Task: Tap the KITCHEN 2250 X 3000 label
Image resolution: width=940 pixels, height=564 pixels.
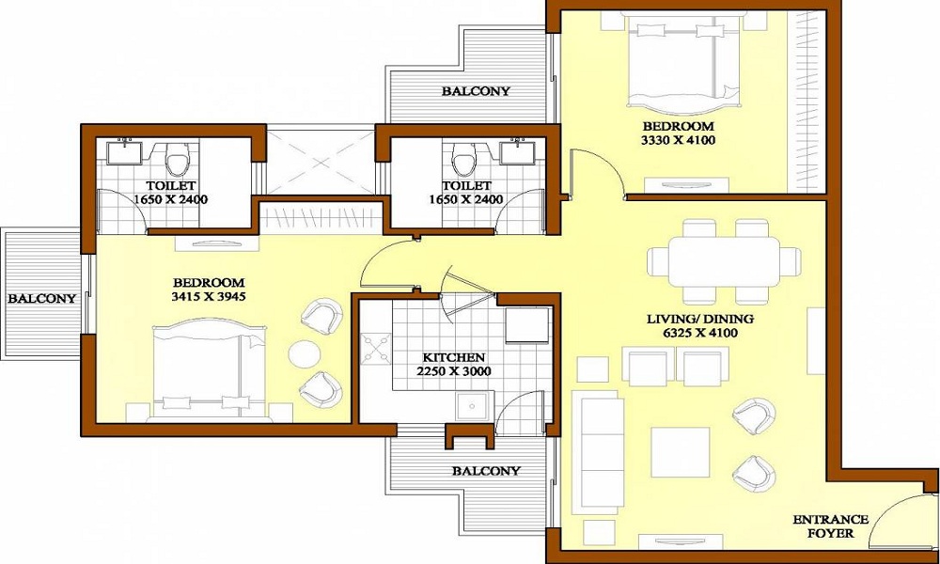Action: point(453,364)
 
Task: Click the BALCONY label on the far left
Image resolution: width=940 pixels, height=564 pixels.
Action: point(42,298)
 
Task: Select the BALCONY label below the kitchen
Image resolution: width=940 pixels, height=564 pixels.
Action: point(485,470)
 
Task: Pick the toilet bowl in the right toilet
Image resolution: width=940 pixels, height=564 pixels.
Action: point(462,161)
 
